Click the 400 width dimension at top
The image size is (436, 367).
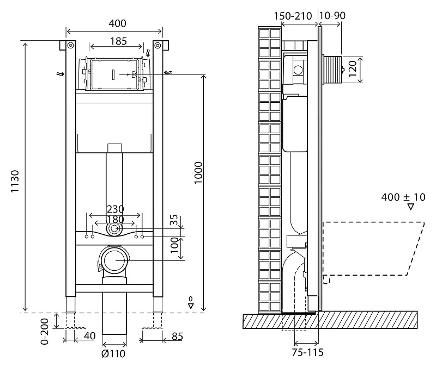pyautogui.click(x=117, y=23)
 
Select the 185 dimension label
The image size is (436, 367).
pyautogui.click(x=118, y=41)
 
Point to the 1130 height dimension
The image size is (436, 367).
pyautogui.click(x=15, y=182)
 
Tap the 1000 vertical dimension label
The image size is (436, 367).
pyautogui.click(x=198, y=172)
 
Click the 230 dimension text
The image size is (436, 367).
pyautogui.click(x=116, y=209)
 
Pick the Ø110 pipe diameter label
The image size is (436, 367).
pyautogui.click(x=113, y=354)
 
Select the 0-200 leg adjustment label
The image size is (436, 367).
pyautogui.click(x=45, y=331)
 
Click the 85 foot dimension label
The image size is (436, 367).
pyautogui.click(x=178, y=336)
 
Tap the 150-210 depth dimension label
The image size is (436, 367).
pyautogui.click(x=293, y=16)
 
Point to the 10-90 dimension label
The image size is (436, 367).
pyautogui.click(x=332, y=15)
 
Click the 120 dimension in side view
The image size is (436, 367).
pyautogui.click(x=352, y=69)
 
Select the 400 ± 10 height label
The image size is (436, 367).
pyautogui.click(x=403, y=197)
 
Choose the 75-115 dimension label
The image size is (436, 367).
pyautogui.click(x=308, y=352)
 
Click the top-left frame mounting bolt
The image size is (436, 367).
pyautogui.click(x=70, y=45)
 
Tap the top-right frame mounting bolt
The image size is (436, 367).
pyautogui.click(x=158, y=45)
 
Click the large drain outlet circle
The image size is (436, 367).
pyautogui.click(x=114, y=260)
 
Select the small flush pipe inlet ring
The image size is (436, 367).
pyautogui.click(x=114, y=229)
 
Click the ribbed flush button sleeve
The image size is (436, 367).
pyautogui.click(x=332, y=70)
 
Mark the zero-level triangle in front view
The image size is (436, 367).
pyautogui.click(x=191, y=306)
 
